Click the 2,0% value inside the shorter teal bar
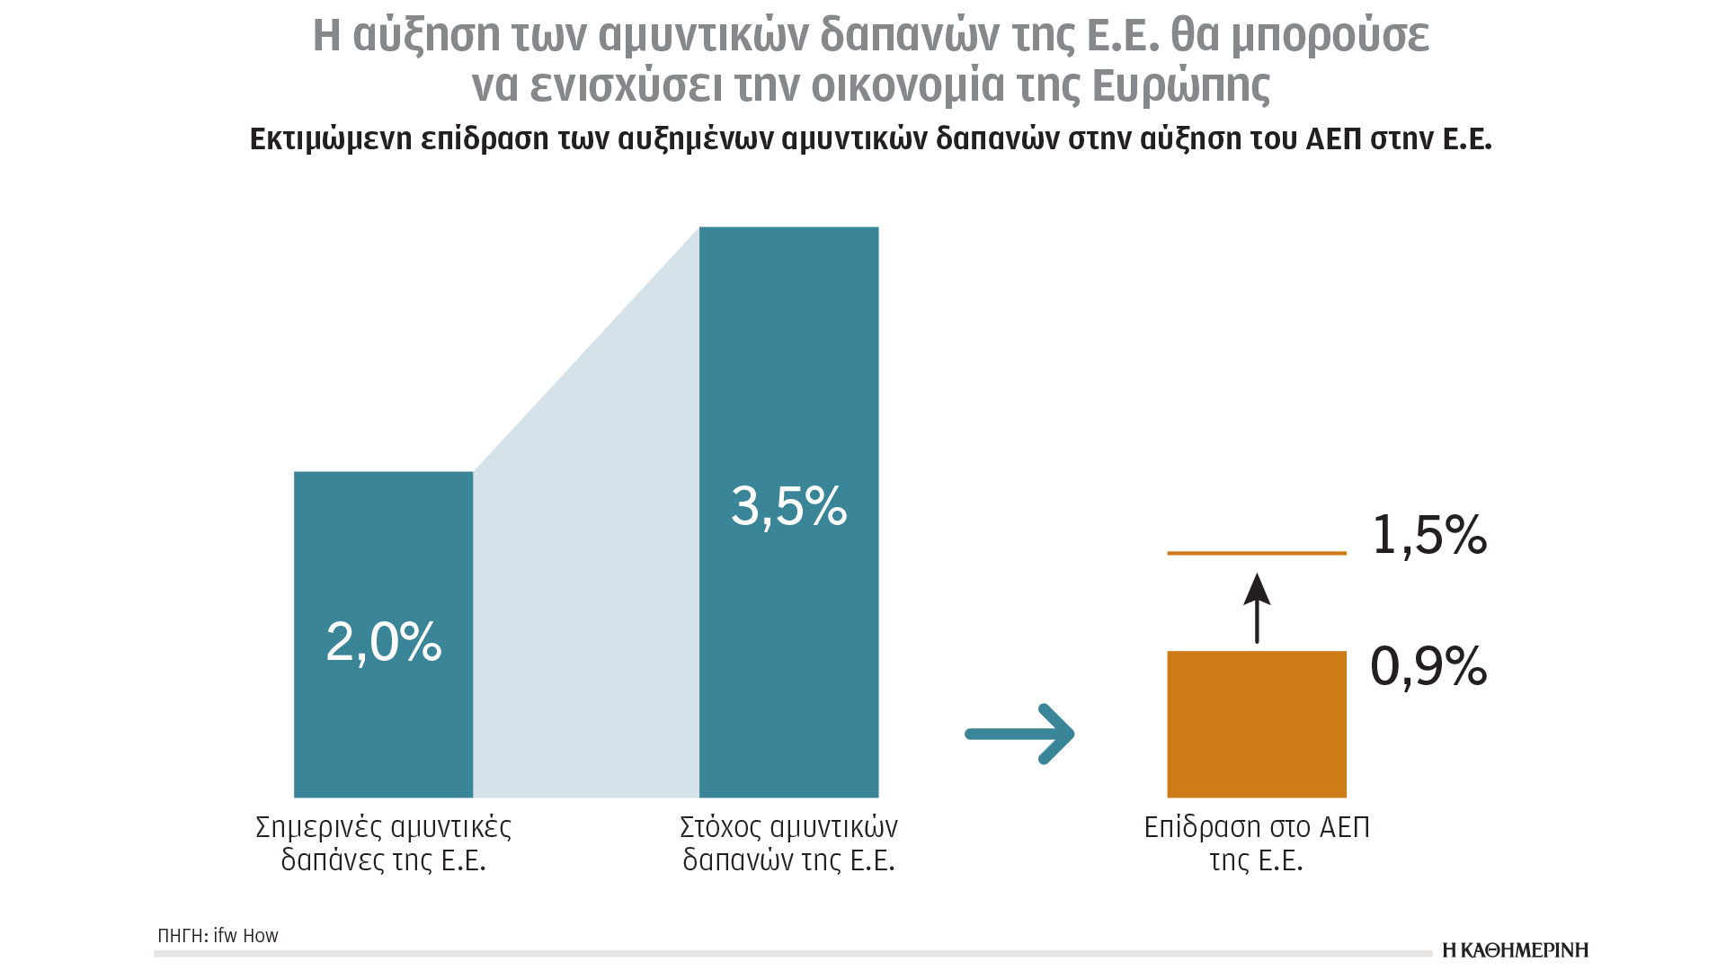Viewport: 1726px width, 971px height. coord(384,642)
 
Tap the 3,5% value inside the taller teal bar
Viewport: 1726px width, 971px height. coord(788,505)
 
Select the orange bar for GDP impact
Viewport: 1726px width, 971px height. coord(1256,724)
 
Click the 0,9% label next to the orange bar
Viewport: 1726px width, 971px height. coord(1428,666)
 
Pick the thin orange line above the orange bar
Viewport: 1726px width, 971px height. coord(1256,553)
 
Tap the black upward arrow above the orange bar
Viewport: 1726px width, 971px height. coord(1257,608)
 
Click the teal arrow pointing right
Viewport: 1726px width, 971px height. coord(1019,734)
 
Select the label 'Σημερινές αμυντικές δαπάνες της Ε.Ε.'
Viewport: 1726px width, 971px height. coord(384,843)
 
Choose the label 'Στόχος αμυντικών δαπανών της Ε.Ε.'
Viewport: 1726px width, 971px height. coord(788,843)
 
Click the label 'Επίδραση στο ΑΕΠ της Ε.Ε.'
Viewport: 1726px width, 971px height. coord(1256,843)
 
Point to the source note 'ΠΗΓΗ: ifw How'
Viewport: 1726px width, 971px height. coord(218,936)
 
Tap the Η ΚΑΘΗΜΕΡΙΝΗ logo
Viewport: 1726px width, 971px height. coord(1515,950)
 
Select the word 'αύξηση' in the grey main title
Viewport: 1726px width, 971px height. coord(426,36)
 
